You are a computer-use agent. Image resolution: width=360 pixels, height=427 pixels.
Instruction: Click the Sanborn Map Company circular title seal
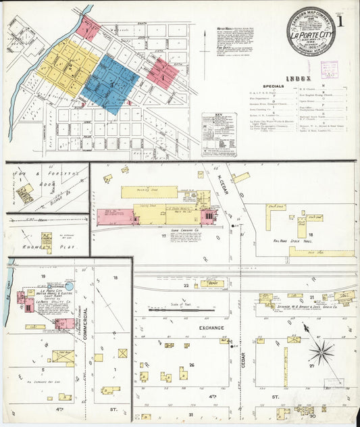[310, 31]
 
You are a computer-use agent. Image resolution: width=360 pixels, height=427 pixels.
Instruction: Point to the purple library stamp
[329, 69]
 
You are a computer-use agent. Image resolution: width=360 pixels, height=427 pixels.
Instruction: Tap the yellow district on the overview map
[67, 65]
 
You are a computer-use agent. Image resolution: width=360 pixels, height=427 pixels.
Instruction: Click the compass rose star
[322, 351]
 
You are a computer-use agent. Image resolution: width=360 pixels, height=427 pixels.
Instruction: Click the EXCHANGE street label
[211, 328]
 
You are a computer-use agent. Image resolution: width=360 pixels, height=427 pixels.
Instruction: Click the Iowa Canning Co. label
[184, 230]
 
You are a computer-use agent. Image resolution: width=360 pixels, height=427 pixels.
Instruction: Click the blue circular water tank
[69, 286]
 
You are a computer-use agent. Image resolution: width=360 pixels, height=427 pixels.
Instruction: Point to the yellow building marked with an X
[122, 353]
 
